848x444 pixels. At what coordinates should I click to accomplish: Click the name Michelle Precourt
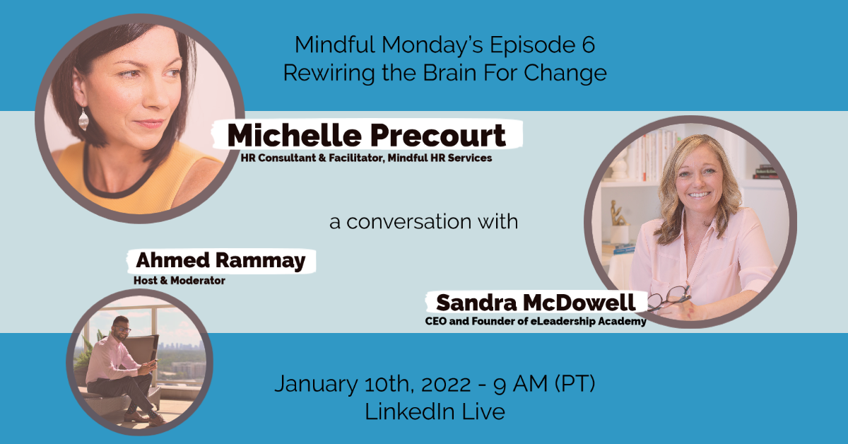(366, 135)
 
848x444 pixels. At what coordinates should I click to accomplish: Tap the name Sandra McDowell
(536, 303)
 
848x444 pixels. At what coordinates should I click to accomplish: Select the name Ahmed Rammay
(220, 261)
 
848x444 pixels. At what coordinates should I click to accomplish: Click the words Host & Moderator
(179, 281)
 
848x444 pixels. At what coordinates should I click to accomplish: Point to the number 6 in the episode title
(587, 45)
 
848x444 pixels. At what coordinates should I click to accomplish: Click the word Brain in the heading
(449, 73)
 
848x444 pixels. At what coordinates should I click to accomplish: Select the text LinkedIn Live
(435, 411)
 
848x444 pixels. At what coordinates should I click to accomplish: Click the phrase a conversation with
(423, 221)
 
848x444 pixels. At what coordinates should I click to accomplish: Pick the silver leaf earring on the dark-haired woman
(83, 119)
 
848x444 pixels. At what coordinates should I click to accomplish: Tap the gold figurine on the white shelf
(618, 214)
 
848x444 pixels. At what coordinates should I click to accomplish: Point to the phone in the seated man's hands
(153, 363)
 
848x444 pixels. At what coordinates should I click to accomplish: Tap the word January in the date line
(316, 384)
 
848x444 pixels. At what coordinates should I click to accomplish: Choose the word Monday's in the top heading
(432, 45)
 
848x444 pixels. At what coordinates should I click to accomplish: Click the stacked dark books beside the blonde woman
(765, 172)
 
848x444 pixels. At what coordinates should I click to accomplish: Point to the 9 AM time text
(520, 384)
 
